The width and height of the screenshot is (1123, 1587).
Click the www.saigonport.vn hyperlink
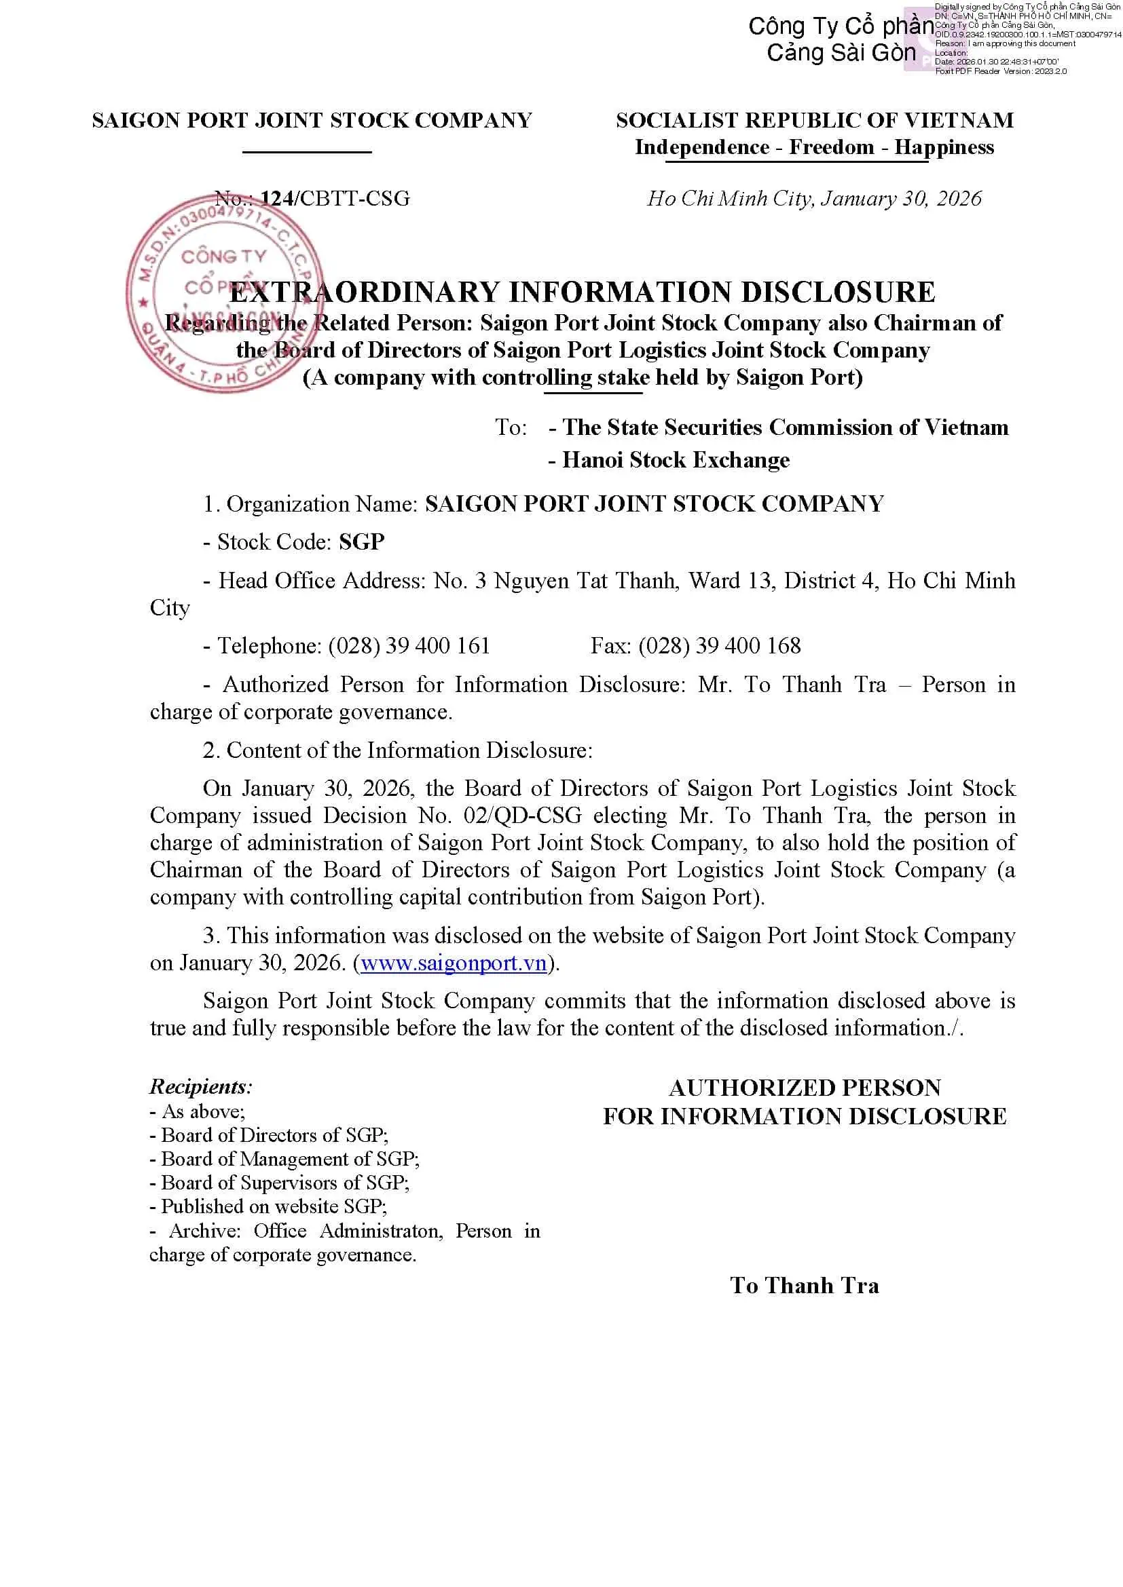point(454,963)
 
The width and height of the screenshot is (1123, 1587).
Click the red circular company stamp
point(223,294)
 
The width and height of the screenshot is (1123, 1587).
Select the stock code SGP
point(362,542)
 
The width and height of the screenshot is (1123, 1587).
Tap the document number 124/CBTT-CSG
point(335,198)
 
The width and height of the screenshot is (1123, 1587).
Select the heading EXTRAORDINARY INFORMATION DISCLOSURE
point(583,292)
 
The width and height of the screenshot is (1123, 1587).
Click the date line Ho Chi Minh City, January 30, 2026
point(814,198)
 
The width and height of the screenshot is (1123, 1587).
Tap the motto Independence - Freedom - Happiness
point(814,147)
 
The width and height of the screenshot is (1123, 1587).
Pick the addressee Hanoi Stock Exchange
point(676,460)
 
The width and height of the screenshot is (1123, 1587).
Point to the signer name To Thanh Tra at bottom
point(804,1286)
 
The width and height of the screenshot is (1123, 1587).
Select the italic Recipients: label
point(200,1086)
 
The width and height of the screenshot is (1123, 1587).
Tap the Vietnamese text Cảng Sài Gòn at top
point(841,53)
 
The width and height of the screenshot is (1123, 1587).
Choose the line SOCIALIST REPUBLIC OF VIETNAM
point(814,120)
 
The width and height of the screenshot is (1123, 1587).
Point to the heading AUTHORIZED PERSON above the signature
point(804,1088)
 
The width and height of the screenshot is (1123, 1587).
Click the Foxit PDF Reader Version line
point(1001,71)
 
